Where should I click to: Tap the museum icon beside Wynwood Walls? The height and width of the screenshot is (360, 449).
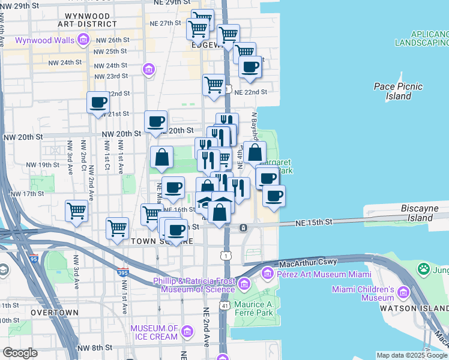point(83,40)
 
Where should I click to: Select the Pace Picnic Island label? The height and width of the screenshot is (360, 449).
point(399,91)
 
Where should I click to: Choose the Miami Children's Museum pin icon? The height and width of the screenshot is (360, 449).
point(402,293)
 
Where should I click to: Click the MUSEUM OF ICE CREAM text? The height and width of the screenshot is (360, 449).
point(154,332)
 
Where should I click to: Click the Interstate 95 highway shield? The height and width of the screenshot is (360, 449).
point(33,259)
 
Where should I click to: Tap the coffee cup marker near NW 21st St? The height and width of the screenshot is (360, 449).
point(98,101)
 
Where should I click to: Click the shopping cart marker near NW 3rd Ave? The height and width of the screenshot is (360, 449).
point(77,211)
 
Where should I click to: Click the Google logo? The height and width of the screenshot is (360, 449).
point(20,353)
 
